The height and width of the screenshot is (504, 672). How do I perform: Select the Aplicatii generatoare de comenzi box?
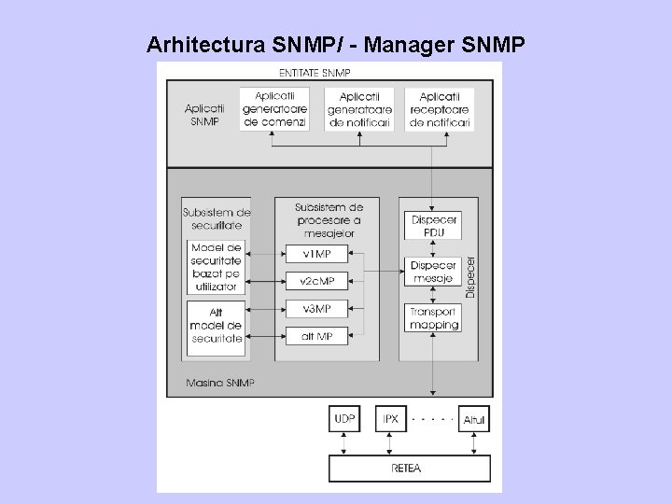pos(274,110)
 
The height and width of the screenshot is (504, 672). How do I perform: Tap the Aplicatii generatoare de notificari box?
pos(359,110)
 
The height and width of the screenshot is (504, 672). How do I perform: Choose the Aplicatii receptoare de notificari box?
pos(439,110)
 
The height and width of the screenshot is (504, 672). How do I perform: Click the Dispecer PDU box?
pos(433,225)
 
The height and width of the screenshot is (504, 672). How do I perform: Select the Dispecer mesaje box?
pos(433,272)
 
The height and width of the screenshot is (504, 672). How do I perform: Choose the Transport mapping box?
pos(433,318)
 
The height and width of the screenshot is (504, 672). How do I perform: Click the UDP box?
pos(343,420)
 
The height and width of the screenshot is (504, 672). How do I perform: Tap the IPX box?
pos(390,420)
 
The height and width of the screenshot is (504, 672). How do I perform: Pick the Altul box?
pos(474,420)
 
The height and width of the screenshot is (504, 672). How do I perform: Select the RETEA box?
pos(409,468)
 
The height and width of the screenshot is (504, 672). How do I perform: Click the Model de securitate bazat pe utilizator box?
pos(216,267)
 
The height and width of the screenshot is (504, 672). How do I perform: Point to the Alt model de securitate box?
pos(216,325)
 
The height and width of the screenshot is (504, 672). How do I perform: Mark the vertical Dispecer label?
pos(470,278)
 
